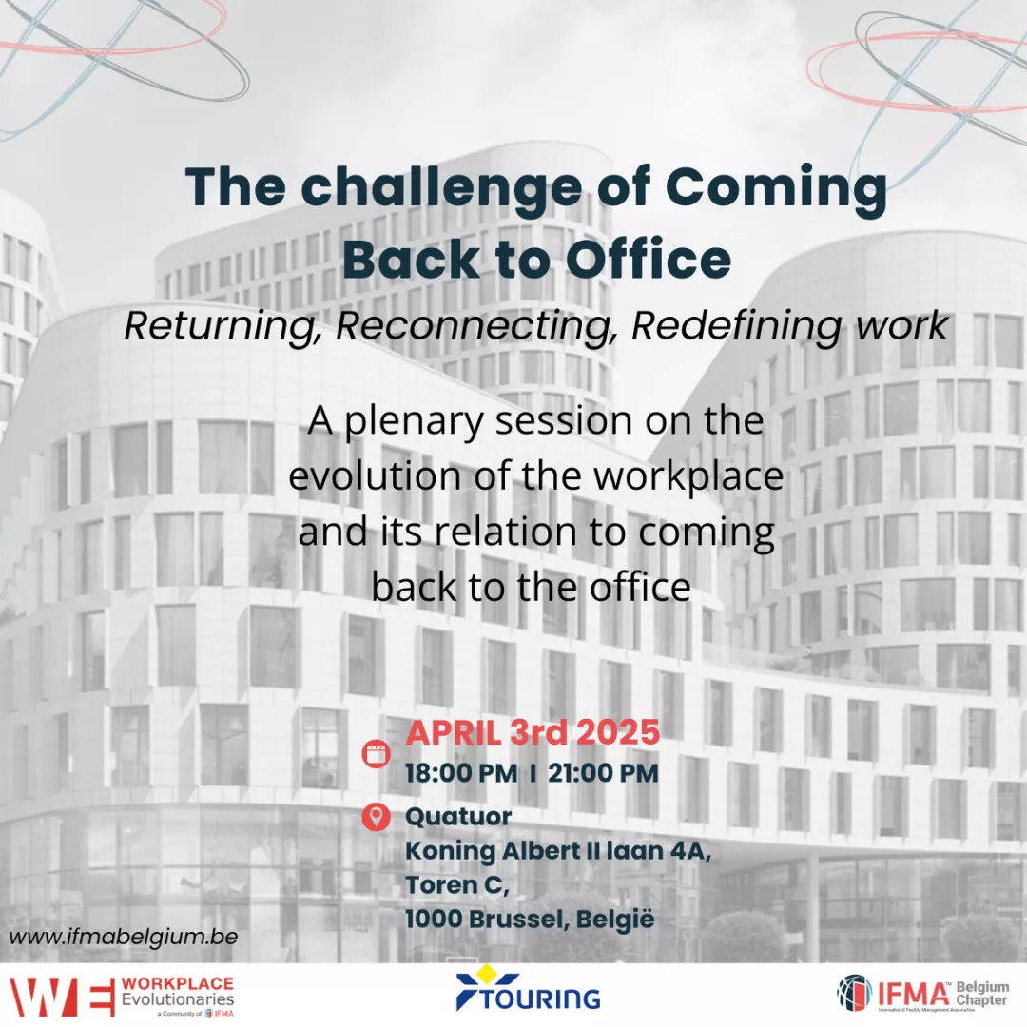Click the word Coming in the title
pos(776,189)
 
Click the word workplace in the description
pos(688,476)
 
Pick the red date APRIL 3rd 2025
pos(533,732)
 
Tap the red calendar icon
pos(376,753)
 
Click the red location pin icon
pos(376,817)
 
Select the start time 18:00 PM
pos(461,773)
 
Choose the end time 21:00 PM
pos(603,773)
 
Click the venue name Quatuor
pos(458,817)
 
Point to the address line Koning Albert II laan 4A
pos(558,851)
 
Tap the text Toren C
pos(457,885)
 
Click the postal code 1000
pos(434,919)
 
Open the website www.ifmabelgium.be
pos(123,937)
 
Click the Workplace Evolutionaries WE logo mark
pos(62,997)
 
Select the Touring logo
pos(528,989)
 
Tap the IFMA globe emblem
pos(855,992)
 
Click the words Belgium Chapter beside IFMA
pos(981,994)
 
